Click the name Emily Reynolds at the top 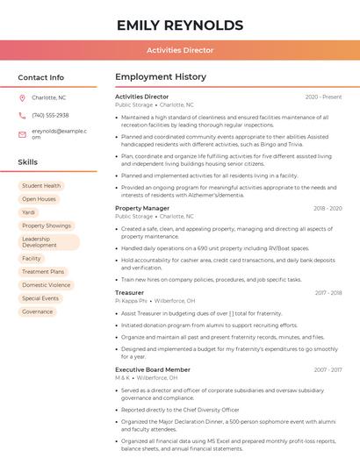(x=180, y=25)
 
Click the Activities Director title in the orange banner (x=180, y=50)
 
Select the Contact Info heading (x=41, y=77)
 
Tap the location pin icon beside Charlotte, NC (x=22, y=97)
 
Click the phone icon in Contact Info (x=22, y=115)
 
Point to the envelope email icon (x=22, y=134)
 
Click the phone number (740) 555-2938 (x=50, y=115)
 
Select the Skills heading (x=28, y=162)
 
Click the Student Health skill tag (x=41, y=186)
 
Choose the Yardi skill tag (x=29, y=212)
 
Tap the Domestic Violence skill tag (x=47, y=285)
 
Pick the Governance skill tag (x=38, y=311)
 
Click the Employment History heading (x=161, y=77)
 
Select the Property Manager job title (x=142, y=208)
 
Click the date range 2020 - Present (x=323, y=97)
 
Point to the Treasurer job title (x=130, y=292)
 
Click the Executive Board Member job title (x=153, y=369)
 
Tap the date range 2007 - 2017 (x=328, y=369)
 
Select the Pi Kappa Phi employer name (x=131, y=300)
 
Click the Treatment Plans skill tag (x=43, y=272)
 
